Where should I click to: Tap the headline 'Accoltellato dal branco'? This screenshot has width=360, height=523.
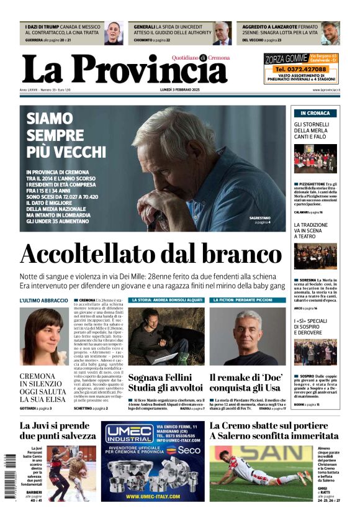[x=151, y=255]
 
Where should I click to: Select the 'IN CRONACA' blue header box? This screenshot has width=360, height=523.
[x=315, y=113]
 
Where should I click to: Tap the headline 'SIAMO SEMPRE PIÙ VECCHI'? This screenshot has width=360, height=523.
[x=66, y=134]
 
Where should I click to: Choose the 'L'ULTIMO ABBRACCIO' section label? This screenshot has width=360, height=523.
[x=43, y=300]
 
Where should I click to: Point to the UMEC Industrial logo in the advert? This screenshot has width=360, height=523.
[x=128, y=434]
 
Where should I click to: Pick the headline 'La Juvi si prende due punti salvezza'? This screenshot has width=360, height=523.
[x=58, y=430]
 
